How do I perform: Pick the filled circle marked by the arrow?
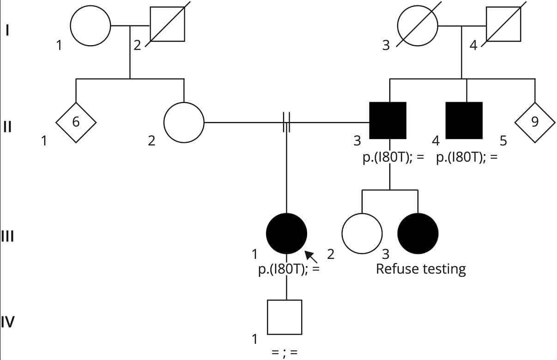287,234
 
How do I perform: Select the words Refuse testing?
421,268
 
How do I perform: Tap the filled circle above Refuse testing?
418,234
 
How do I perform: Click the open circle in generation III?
362,234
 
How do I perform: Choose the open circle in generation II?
184,122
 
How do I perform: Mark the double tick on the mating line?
286,122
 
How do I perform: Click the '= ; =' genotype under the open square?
284,351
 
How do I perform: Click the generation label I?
7,31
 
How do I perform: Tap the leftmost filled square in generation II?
388,120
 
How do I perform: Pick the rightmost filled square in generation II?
464,120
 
